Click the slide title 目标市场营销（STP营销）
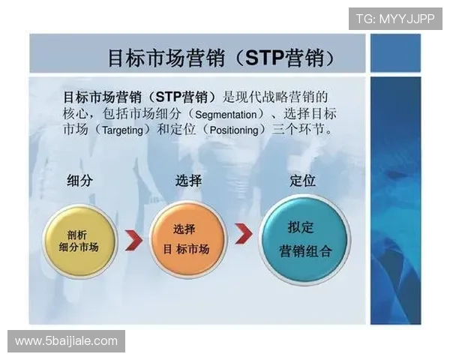(221, 58)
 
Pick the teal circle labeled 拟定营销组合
(304, 238)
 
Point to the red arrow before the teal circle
(243, 234)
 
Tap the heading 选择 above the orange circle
(188, 181)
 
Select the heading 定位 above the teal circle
(302, 181)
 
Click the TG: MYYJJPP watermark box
(394, 19)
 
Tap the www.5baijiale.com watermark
(66, 341)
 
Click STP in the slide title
(265, 58)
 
